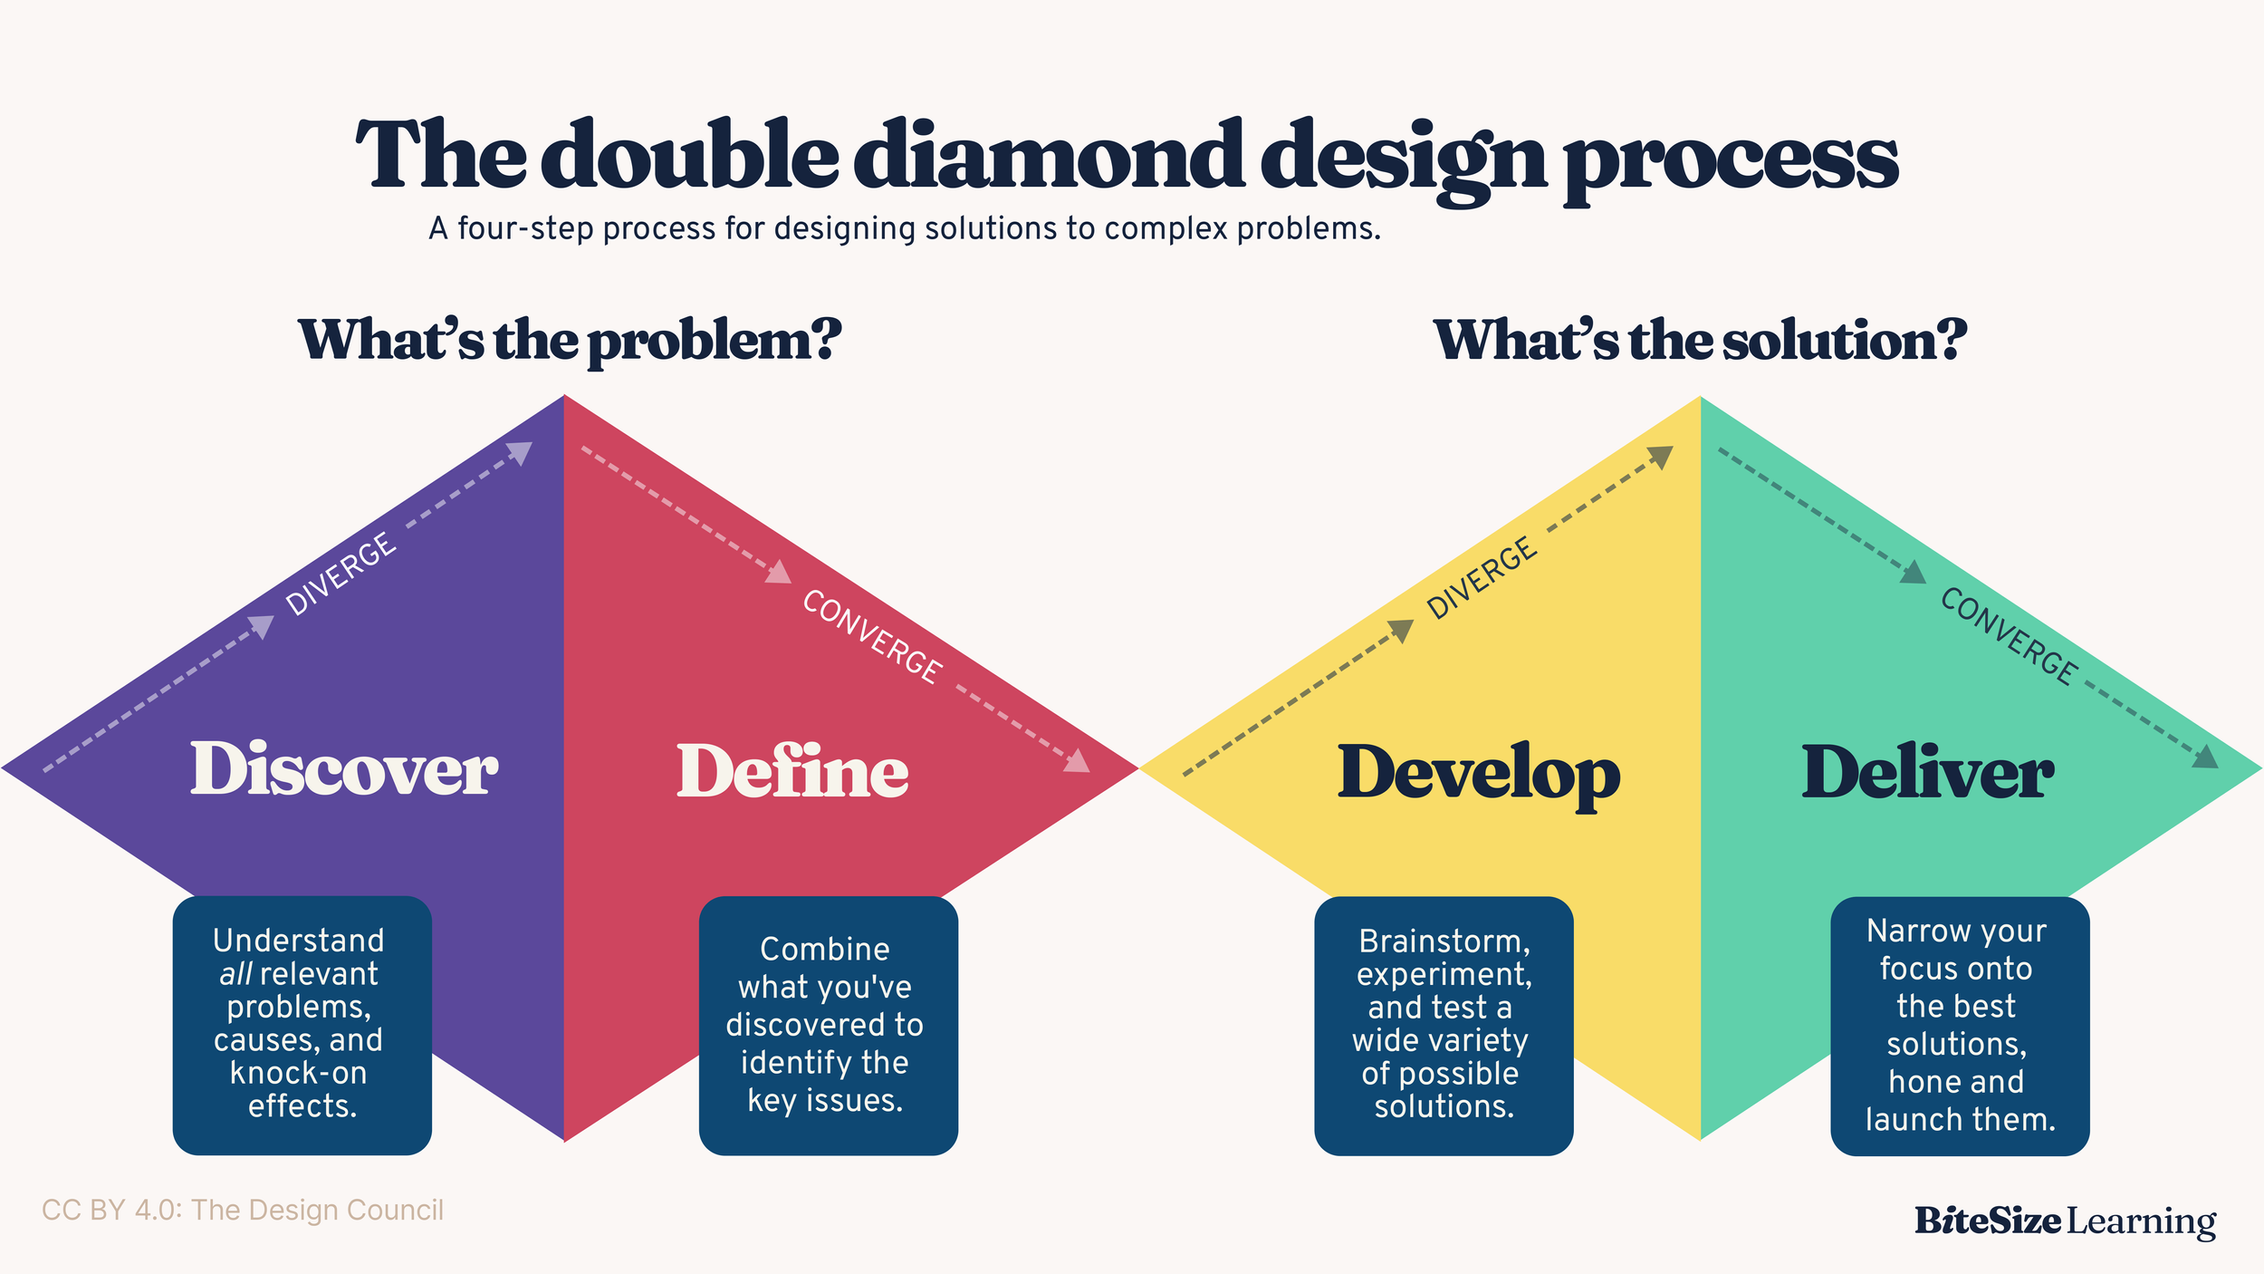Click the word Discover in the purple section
[x=343, y=769]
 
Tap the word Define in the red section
[x=792, y=772]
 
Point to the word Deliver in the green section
[x=1927, y=772]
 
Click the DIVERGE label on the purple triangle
[x=341, y=574]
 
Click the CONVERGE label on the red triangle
[x=872, y=636]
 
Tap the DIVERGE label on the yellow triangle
[x=1482, y=578]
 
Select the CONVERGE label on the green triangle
[x=2008, y=636]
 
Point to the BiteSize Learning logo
[x=2065, y=1221]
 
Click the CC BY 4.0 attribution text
[x=243, y=1211]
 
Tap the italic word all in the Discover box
[x=235, y=974]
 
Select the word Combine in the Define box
[x=824, y=950]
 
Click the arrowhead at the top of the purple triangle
[x=521, y=452]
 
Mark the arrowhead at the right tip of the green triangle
[x=2206, y=757]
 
